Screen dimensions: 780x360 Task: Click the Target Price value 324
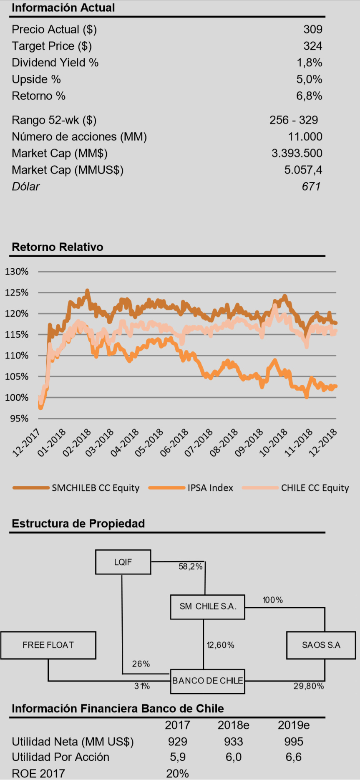tap(312, 46)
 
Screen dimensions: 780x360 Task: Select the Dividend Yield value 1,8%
tap(309, 63)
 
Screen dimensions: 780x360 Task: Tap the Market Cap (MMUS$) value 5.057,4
tap(303, 170)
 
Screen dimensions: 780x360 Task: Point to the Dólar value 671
tap(311, 187)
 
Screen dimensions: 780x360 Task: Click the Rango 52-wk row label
tap(54, 120)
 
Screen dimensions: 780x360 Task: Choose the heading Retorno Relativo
tap(57, 247)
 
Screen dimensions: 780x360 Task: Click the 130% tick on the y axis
tap(17, 272)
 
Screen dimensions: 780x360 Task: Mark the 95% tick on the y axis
tap(19, 419)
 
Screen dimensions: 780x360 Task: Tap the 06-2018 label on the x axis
tap(174, 442)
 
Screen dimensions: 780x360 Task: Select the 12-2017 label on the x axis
tap(27, 442)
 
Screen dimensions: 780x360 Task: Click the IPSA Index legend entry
tap(210, 488)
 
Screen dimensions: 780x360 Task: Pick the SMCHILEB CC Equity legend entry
tap(96, 488)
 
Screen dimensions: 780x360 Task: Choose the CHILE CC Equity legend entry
tap(315, 488)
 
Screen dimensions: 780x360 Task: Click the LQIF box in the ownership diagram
tap(123, 562)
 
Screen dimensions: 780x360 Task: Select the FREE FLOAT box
tap(48, 645)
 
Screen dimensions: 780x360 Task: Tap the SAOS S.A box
tap(321, 645)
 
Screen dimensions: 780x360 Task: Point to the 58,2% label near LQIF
tap(190, 567)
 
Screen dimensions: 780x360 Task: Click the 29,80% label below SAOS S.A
tap(308, 686)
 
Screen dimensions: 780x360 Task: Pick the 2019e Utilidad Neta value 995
tap(294, 742)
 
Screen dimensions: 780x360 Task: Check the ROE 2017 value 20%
tap(177, 773)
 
